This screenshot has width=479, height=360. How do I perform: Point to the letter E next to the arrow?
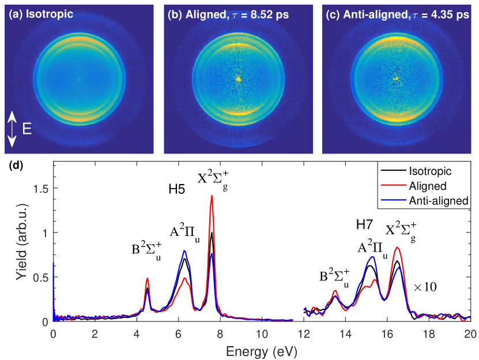(x=27, y=130)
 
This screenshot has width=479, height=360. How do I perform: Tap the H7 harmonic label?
(x=365, y=224)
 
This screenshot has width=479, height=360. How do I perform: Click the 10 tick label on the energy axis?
(x=262, y=333)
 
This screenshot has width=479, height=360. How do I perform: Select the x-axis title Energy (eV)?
(x=262, y=349)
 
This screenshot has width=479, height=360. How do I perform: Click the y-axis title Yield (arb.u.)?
(x=21, y=242)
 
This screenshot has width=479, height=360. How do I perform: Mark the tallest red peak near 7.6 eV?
(x=212, y=196)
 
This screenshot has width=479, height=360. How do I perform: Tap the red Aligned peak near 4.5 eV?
(x=148, y=279)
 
